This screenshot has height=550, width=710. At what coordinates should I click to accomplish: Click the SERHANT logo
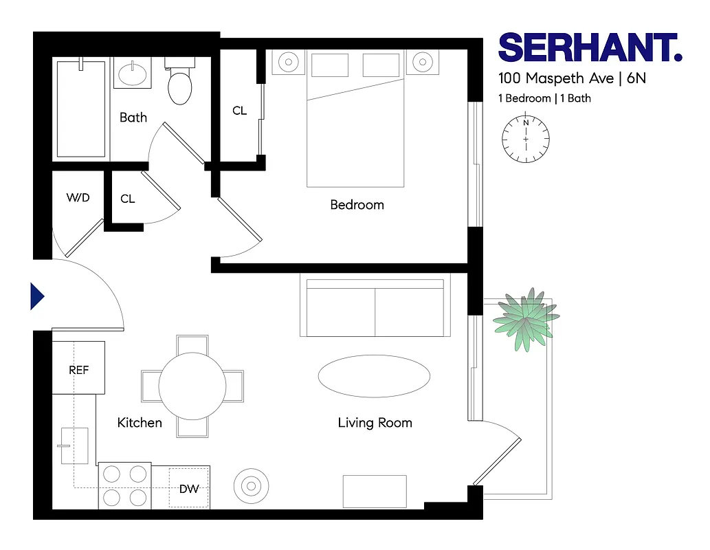coord(590,48)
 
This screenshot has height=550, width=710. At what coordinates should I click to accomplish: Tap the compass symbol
coord(526,140)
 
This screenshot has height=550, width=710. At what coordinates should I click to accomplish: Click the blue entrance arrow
coord(37,296)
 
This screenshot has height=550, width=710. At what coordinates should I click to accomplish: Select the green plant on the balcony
coord(524,321)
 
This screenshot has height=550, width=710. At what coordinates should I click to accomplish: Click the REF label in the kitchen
coord(79,370)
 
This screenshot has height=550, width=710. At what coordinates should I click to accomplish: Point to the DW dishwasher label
coord(189,489)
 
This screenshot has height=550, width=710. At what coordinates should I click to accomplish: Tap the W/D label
coord(78,198)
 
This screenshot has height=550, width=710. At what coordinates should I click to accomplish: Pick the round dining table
coord(192,386)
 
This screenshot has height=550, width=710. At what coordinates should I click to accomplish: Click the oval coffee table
coord(374,375)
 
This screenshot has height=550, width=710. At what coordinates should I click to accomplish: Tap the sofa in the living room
coord(375,306)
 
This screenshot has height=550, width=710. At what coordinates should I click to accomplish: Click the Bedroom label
coord(357,205)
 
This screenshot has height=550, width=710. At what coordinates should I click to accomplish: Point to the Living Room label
coord(375,423)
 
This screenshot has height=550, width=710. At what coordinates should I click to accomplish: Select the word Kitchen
coord(140,423)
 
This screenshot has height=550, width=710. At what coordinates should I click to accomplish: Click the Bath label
coord(133,118)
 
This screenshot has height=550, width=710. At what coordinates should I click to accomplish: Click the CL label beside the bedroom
coord(239,111)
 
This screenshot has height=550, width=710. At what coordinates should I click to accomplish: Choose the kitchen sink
coord(74,445)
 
